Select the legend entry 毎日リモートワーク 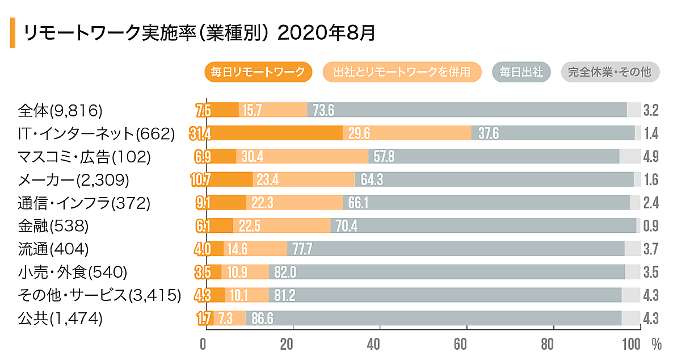pos(258,72)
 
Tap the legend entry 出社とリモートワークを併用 pos(402,72)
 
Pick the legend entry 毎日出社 pos(522,72)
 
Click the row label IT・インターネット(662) pos(96,133)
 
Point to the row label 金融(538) pos(53,226)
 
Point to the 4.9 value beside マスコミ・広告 pos(651,157)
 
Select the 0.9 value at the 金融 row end pos(651,226)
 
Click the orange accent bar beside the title pos(12,32)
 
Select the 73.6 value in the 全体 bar pos(323,110)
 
